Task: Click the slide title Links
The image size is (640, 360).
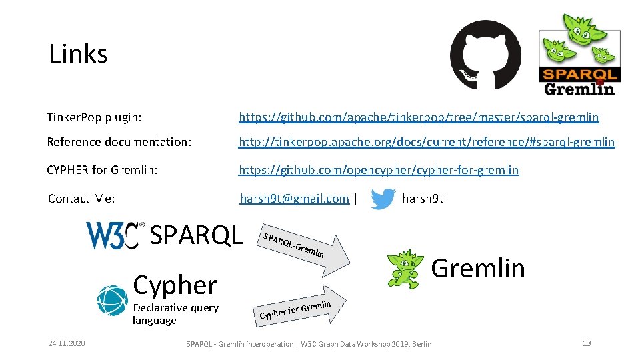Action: coord(78,53)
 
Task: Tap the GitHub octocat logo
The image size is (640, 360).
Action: coord(485,55)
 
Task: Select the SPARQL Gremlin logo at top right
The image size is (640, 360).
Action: coord(579,55)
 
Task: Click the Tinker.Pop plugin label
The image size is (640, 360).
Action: coord(94,117)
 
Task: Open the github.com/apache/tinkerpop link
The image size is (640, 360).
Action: coord(419,117)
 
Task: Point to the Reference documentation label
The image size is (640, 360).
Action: coord(119,142)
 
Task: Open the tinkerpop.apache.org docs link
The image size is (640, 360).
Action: coord(427,142)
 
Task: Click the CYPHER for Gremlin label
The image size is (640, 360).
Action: coord(102,170)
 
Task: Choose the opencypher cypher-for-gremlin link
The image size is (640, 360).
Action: coord(379,170)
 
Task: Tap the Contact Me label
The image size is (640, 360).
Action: coord(81,199)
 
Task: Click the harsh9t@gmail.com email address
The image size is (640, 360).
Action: coord(295,199)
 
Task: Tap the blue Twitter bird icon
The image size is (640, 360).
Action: coord(383,199)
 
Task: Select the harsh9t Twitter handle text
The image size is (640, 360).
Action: coord(423,199)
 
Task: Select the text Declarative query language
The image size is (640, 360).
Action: coord(175,314)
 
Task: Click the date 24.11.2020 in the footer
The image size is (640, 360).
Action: coord(67,343)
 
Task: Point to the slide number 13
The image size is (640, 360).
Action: coord(587,343)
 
